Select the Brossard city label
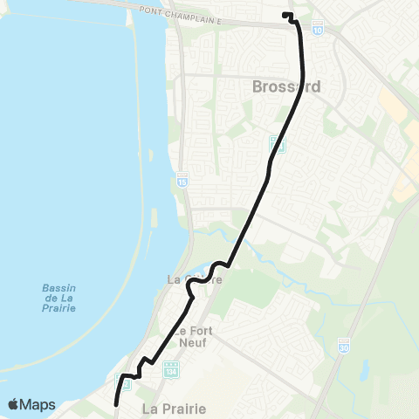286,87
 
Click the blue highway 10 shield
317,30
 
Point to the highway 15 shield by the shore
182,179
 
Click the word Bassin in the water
58,288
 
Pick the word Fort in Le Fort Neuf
197,331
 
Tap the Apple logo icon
14,404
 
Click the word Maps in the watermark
38,404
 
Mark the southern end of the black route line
116,403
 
